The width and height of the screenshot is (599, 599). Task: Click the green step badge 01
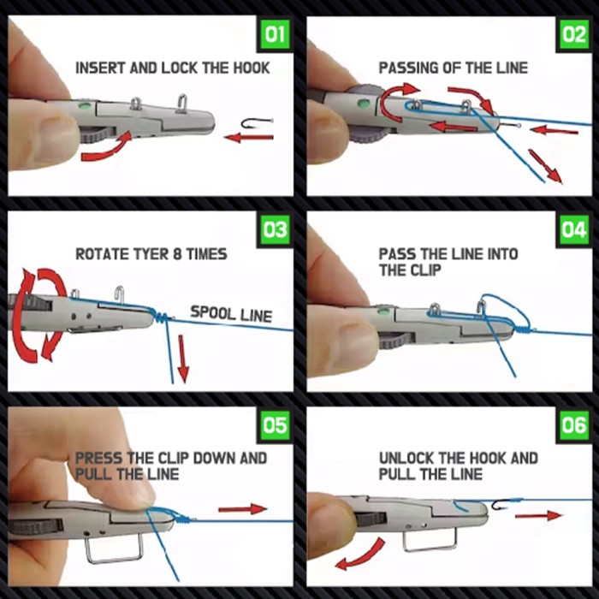(x=276, y=36)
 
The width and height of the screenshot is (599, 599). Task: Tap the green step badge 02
(x=573, y=36)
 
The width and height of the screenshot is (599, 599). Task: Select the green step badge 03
(x=276, y=230)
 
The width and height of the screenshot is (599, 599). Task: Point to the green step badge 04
(x=573, y=230)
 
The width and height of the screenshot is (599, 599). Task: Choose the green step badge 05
(x=276, y=425)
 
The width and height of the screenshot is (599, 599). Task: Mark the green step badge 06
(x=573, y=425)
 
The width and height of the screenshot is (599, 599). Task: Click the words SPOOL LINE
(x=230, y=314)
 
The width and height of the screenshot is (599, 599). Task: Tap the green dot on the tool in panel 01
(x=82, y=107)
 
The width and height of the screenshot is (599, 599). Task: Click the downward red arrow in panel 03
(x=182, y=359)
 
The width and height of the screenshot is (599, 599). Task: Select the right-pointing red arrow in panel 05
(x=243, y=508)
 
